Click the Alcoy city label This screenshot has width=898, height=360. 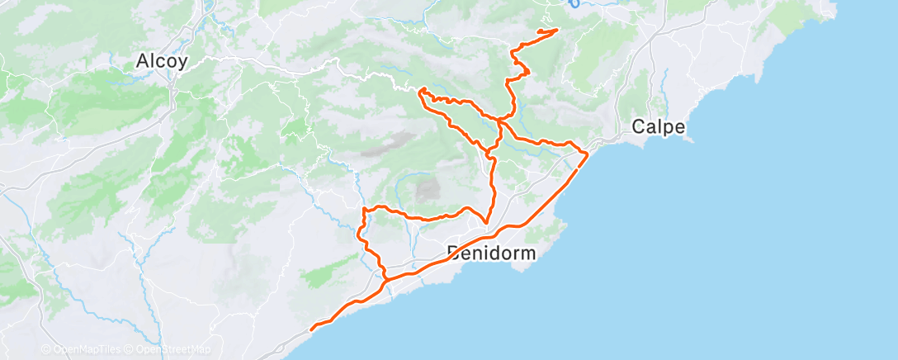click(x=162, y=61)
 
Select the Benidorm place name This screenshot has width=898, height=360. click(x=491, y=252)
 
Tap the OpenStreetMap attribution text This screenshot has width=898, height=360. click(x=169, y=350)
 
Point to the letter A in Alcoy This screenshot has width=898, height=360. click(x=143, y=61)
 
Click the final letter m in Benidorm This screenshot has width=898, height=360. click(x=528, y=252)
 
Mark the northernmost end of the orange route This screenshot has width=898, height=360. click(x=556, y=30)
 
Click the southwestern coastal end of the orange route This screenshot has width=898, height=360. click(x=311, y=329)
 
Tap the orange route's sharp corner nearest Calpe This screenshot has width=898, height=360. click(x=586, y=154)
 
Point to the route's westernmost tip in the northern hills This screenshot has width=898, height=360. click(x=421, y=89)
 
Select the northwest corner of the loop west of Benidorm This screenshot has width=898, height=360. click(x=364, y=210)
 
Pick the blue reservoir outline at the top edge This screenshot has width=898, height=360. click(x=575, y=3)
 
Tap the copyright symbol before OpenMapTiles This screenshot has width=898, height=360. click(x=45, y=350)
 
